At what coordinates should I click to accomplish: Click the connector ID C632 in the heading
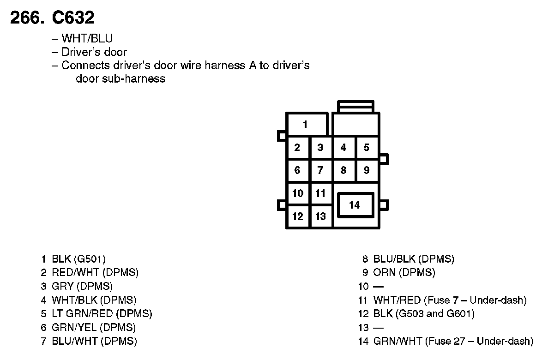tap(73, 18)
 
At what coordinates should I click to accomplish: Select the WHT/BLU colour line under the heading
tap(87, 38)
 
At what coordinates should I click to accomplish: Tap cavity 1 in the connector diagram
tap(305, 124)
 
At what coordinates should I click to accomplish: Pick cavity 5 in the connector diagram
tap(366, 148)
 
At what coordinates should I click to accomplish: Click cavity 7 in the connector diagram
tap(320, 171)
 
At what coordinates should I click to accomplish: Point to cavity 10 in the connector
tap(298, 193)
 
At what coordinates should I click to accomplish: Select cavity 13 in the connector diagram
tap(320, 216)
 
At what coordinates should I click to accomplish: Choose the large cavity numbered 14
tap(355, 205)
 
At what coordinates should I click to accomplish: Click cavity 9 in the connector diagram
tap(366, 171)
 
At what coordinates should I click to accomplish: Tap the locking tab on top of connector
tap(355, 106)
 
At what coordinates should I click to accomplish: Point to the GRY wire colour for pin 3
tap(62, 286)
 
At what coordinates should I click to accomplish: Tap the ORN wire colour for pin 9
tap(384, 273)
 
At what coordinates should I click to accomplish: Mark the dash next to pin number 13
tap(378, 328)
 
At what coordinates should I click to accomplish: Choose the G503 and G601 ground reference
tap(435, 314)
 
